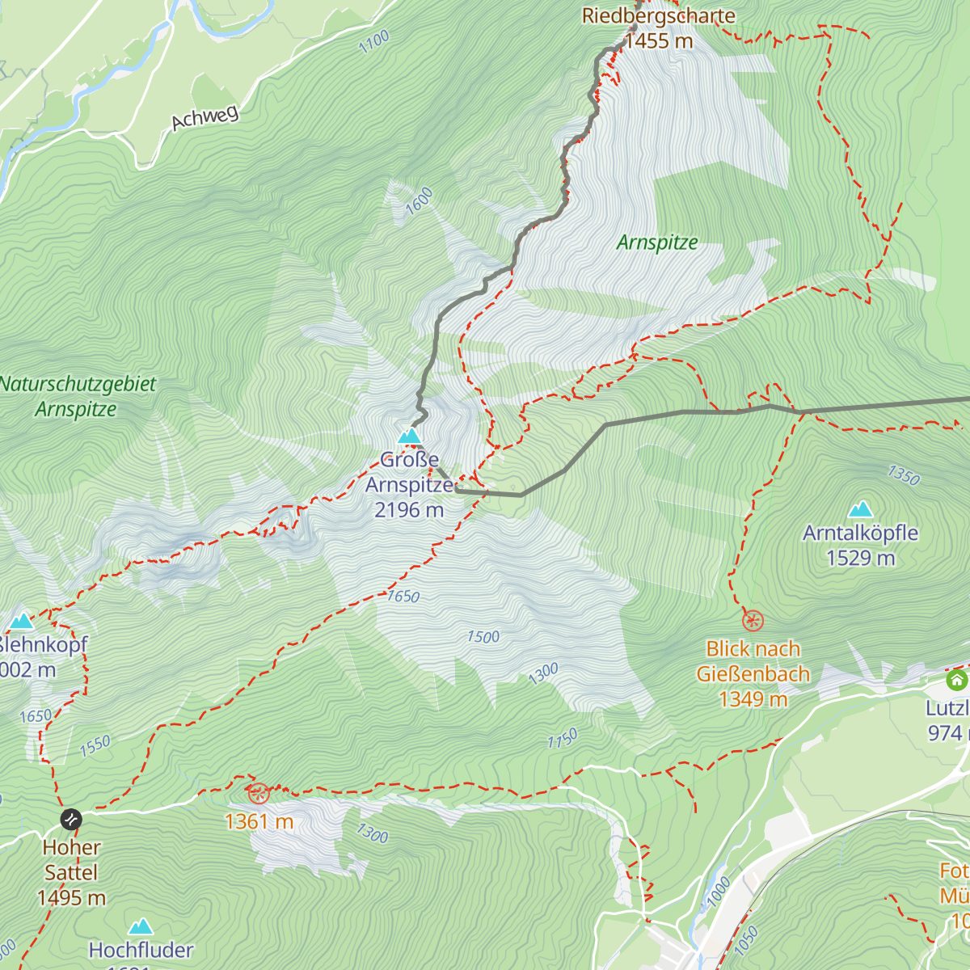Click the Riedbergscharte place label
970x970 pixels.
pos(658,16)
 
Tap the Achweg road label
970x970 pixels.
pos(205,118)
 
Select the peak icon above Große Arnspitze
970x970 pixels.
pos(410,436)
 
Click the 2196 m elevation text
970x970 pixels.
pos(409,510)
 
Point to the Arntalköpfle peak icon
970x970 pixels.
pos(861,509)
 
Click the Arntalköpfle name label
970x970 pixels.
pos(860,533)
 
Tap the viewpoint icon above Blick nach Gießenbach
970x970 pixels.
pos(753,621)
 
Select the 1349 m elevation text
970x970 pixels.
pos(753,699)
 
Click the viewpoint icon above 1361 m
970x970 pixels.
pos(258,793)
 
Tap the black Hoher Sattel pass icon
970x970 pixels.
pos(71,820)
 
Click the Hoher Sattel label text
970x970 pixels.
pos(71,860)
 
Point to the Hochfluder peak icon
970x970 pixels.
pos(141,926)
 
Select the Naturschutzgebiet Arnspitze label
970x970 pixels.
pos(78,396)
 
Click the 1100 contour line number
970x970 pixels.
pos(374,41)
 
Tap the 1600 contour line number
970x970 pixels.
pos(419,200)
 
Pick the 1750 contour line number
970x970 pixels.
pos(563,739)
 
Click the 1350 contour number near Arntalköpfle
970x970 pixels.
pos(904,475)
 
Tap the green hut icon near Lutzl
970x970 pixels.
pos(956,680)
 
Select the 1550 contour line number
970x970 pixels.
pos(95,746)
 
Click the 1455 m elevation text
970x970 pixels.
pos(659,41)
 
